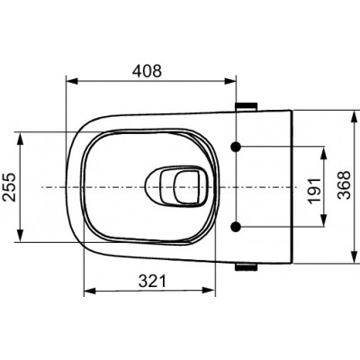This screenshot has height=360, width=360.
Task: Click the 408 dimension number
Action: coord(147,71)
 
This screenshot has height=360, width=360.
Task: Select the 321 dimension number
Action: coord(152,281)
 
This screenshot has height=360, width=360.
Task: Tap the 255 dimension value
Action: coord(9,186)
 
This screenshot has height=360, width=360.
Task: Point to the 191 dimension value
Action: coord(315,191)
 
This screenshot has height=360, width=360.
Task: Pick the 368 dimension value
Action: coord(344,185)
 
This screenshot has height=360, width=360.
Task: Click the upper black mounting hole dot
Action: coord(236,147)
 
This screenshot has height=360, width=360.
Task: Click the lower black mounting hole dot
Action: coord(236,227)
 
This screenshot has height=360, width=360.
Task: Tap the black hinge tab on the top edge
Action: coord(247,106)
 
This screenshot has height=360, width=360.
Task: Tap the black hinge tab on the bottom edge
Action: coord(246,267)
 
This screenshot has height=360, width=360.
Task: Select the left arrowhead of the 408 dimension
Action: coord(72,81)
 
